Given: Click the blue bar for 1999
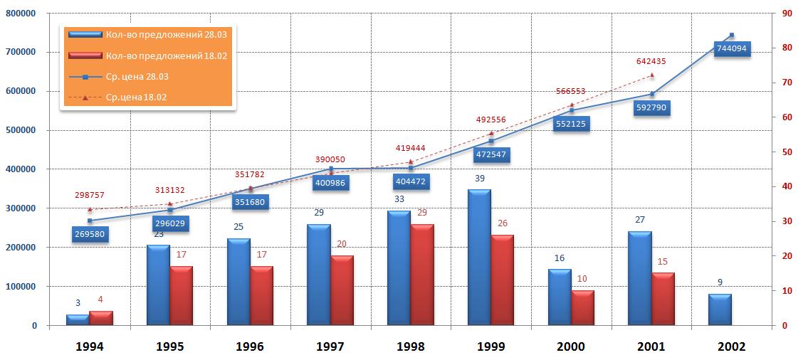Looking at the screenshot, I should tap(479, 258).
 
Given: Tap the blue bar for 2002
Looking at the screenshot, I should tap(720, 309).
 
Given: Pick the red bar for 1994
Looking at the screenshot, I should tap(100, 318).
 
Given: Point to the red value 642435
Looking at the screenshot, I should tap(651, 61).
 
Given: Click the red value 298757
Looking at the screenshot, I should tap(90, 194).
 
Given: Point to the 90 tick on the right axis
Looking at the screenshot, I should tap(787, 13).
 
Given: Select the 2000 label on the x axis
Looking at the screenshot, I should tap(571, 346).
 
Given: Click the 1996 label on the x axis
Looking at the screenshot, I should tap(250, 346).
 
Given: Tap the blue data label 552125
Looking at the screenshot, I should tap(570, 124).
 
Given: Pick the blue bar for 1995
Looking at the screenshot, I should tap(158, 285).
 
